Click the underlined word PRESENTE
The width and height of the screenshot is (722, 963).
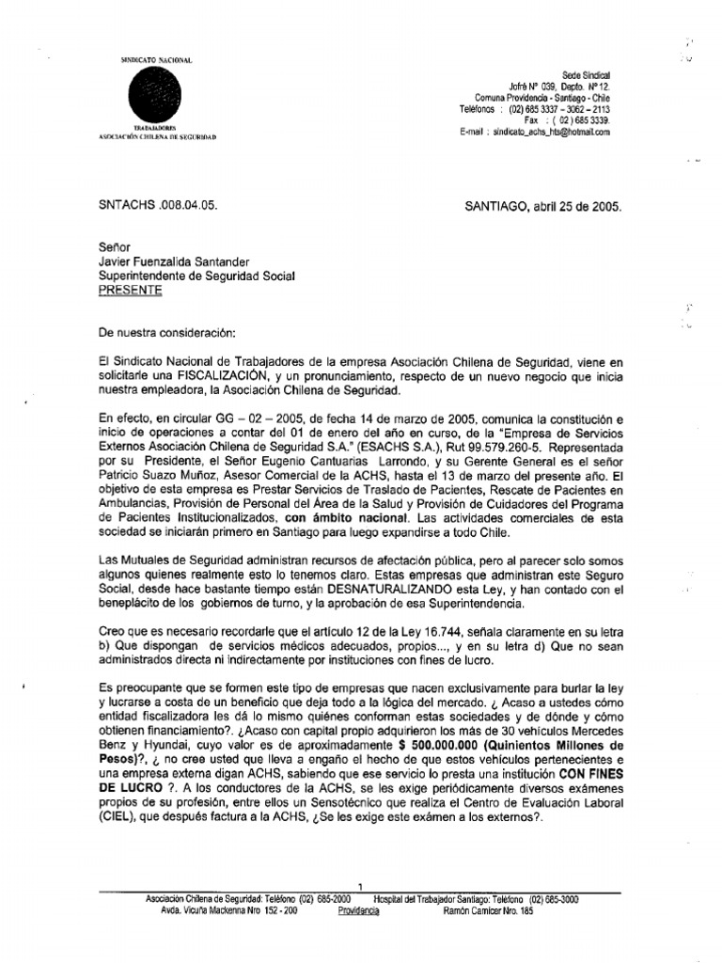pyautogui.click(x=131, y=291)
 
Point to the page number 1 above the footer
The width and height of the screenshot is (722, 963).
pyautogui.click(x=361, y=885)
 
